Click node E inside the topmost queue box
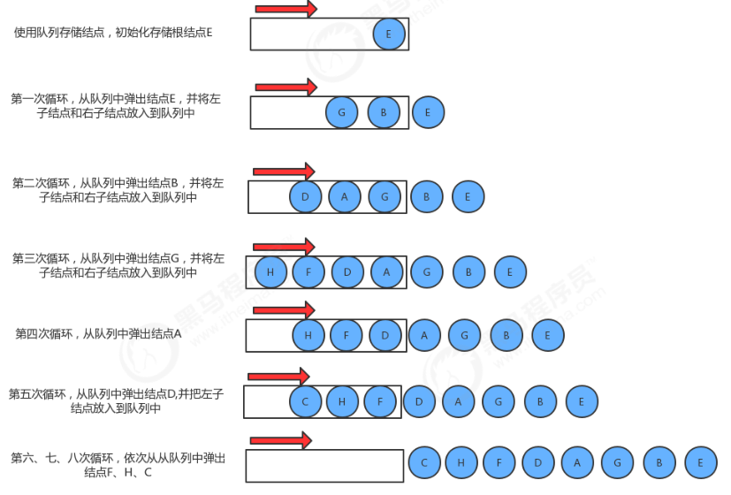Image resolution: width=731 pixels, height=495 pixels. click(389, 34)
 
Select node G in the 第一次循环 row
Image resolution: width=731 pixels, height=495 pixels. click(341, 112)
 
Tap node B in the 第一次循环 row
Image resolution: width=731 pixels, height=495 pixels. click(384, 112)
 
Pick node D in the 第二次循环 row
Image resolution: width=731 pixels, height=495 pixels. click(305, 196)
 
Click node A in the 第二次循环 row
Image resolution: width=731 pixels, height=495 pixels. click(345, 196)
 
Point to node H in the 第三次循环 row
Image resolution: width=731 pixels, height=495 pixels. click(270, 272)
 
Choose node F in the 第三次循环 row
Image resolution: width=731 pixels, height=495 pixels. click(308, 272)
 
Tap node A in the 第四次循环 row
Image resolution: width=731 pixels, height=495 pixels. click(424, 335)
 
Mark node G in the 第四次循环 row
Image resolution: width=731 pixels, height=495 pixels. click(465, 335)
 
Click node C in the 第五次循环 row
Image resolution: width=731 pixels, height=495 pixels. click(305, 401)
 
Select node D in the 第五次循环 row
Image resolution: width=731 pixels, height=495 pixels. click(419, 401)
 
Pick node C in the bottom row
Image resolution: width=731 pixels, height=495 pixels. click(424, 462)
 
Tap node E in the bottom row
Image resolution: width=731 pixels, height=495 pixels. click(700, 462)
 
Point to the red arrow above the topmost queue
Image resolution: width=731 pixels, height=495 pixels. click(286, 9)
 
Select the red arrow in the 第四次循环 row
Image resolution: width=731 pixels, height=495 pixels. click(284, 310)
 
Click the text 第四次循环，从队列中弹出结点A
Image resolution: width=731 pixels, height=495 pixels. click(98, 334)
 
